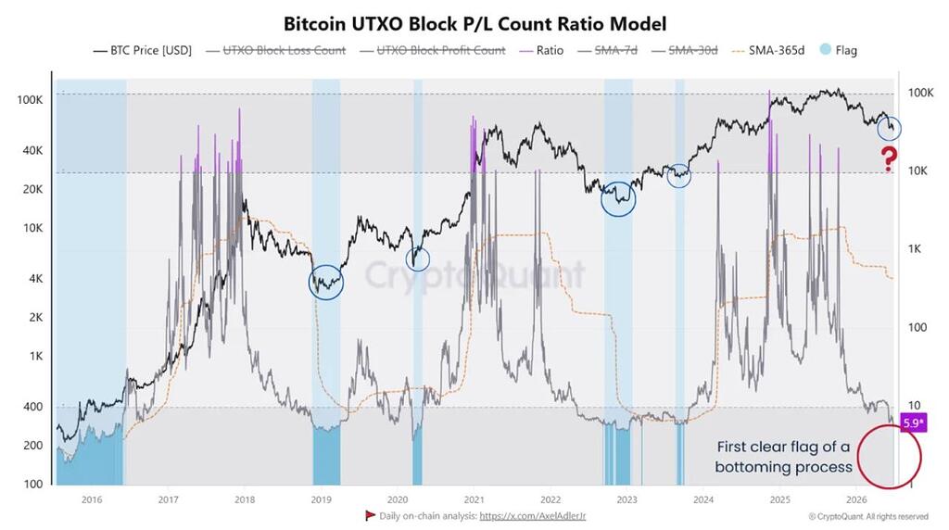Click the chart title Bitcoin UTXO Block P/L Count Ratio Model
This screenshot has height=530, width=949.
pos(474,24)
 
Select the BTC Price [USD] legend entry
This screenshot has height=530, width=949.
pos(142,50)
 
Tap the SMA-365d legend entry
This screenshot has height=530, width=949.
pos(768,50)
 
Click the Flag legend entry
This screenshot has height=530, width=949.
pos(838,50)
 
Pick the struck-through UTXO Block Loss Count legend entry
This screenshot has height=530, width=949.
pos(276,50)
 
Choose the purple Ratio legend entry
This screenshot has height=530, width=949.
pos(541,50)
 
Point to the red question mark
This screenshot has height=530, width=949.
pos(889,159)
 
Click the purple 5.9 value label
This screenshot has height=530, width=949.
pos(913,423)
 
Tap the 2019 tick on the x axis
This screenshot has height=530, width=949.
pos(321,499)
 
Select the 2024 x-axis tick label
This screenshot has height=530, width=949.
pos(703,499)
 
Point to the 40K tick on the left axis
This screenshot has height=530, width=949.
pos(32,151)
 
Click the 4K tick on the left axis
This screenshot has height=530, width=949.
pos(36,279)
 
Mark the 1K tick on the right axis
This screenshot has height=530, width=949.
pos(914,248)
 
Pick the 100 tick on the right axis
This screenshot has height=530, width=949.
pos(917,327)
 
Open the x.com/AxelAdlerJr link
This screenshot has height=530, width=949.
pos(533,516)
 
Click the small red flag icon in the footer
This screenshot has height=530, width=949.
pos(370,515)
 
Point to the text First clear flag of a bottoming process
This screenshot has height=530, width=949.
pos(783,457)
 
